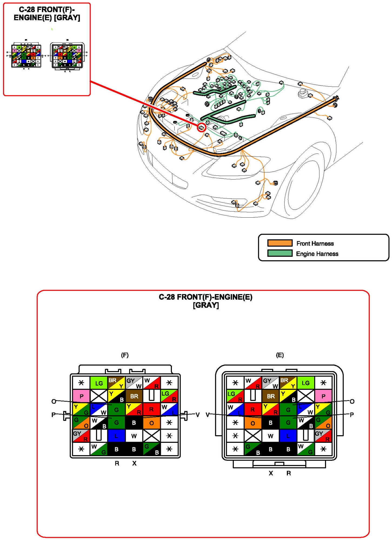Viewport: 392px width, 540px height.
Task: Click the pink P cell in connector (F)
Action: [81, 396]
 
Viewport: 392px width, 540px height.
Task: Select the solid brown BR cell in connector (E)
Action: [271, 396]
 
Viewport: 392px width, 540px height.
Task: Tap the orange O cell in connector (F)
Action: [151, 423]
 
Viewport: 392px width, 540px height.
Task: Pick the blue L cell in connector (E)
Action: [288, 436]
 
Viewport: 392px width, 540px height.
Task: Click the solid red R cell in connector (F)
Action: [151, 409]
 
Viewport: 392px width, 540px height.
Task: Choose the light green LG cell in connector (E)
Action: [306, 383]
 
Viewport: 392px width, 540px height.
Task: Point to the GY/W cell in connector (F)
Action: [134, 383]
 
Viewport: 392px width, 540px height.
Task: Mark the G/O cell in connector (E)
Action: [323, 423]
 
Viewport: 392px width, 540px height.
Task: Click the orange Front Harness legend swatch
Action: [280, 243]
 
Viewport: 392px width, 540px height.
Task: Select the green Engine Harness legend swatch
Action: [280, 253]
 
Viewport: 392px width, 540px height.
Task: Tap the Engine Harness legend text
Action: [317, 254]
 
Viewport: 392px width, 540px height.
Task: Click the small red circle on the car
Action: [201, 127]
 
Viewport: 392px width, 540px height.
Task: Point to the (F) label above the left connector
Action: [125, 355]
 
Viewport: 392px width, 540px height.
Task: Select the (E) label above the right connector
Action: [280, 355]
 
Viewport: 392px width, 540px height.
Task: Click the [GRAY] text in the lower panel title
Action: [206, 305]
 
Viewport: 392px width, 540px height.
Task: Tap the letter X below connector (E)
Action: [271, 473]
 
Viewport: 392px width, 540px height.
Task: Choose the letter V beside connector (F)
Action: [198, 415]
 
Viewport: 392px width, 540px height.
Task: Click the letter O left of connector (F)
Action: [54, 401]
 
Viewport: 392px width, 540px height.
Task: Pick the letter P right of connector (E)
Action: [352, 415]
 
